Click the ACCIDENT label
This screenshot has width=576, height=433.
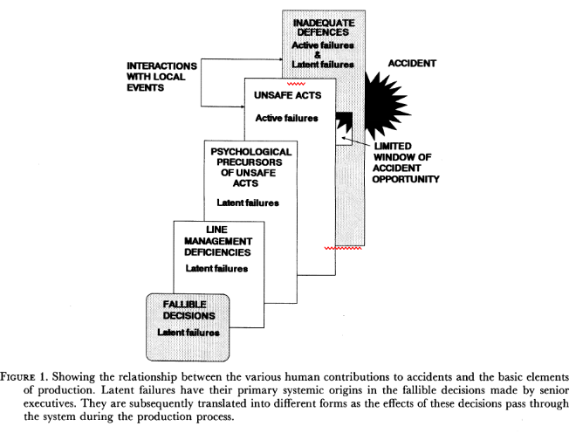412,64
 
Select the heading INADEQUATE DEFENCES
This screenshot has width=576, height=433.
324,28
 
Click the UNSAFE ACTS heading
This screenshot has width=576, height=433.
288,95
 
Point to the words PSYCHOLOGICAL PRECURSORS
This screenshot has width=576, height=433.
250,157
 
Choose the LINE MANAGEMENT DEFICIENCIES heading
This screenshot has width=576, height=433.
218,241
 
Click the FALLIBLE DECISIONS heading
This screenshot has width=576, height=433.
189,310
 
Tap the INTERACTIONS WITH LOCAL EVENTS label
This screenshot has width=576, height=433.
161,77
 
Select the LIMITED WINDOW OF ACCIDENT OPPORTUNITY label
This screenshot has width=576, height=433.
406,163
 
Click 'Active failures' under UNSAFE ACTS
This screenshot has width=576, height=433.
286,119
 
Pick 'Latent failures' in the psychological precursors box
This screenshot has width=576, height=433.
248,203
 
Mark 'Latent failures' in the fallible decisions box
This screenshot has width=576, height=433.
189,333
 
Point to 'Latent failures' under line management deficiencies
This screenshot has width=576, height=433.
216,269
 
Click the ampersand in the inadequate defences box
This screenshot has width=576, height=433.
318,55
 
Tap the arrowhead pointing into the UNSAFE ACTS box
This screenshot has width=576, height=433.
243,107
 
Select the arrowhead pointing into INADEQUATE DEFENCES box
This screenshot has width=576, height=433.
280,58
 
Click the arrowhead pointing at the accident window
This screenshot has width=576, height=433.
344,138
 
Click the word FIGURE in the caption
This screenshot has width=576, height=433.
17,377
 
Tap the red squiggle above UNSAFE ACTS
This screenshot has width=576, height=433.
296,84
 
